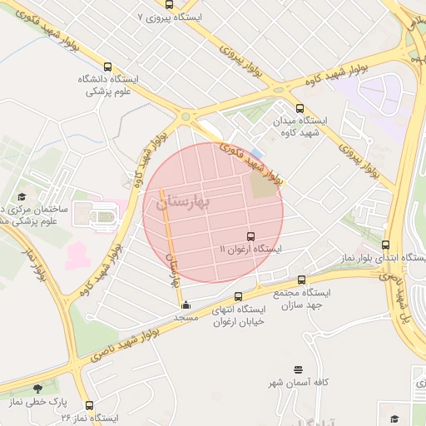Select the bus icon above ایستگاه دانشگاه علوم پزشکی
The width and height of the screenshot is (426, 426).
tap(106, 67)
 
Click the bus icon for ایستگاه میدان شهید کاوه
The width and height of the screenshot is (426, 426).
tap(300, 107)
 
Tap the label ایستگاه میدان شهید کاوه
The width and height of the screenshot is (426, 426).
tap(300, 126)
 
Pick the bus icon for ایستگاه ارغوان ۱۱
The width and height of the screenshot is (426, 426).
tap(250, 236)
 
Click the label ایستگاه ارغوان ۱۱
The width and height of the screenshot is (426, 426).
tap(250, 250)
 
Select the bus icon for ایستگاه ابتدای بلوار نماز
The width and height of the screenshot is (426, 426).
tap(385, 245)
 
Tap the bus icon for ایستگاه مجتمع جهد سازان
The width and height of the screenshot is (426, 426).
tap(300, 280)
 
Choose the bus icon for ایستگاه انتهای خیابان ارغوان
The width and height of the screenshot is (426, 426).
tap(238, 296)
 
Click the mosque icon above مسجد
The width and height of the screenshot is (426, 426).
tap(185, 304)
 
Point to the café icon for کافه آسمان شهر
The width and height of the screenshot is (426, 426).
tap(298, 369)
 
